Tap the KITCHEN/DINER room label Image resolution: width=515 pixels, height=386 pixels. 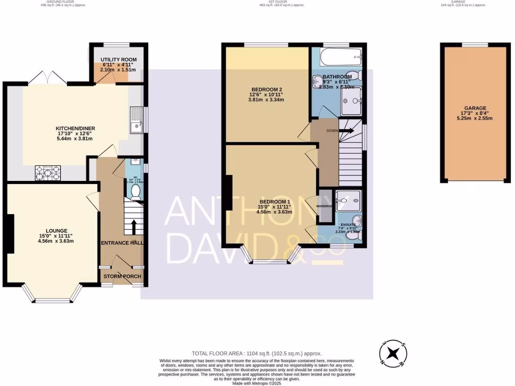[75, 129]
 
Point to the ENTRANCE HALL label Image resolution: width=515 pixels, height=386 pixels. [122, 243]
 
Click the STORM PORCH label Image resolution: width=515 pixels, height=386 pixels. [122, 276]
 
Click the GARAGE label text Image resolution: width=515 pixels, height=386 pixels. [475, 108]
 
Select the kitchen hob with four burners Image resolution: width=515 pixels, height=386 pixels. [48, 173]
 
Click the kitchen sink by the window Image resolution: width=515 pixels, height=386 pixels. [136, 120]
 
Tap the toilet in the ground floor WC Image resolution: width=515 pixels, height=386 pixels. [135, 191]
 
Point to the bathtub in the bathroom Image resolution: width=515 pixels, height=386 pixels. [340, 57]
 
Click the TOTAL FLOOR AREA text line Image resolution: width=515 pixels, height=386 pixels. [257, 354]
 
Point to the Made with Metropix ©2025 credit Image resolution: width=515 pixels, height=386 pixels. [257, 383]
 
